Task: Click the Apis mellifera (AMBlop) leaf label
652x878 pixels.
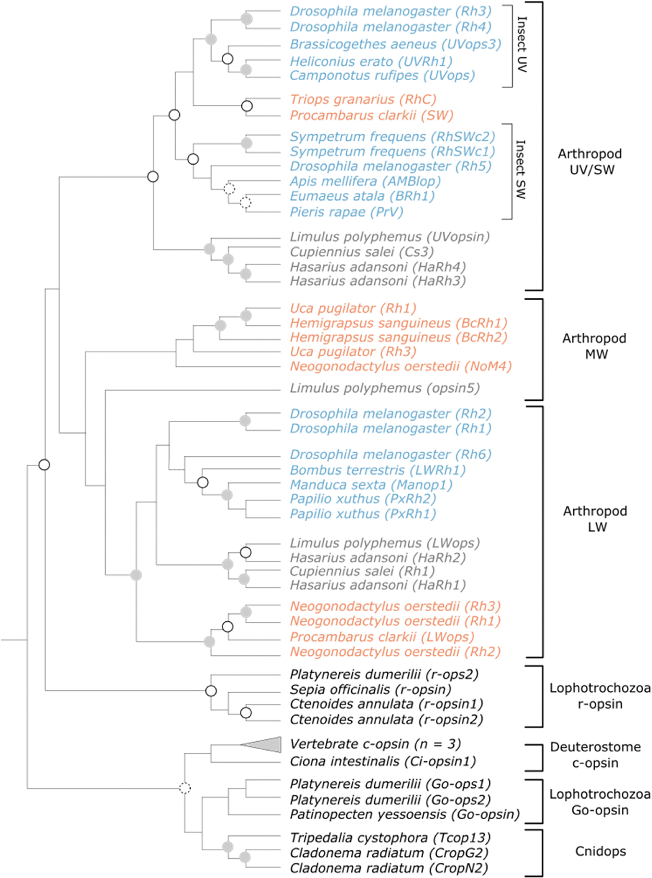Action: [x=365, y=181]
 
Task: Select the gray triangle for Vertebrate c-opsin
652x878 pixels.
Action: [x=268, y=745]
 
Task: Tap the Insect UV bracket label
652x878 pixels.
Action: [x=522, y=44]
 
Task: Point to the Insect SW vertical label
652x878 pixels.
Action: [x=521, y=169]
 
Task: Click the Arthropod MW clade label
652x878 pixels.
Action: [x=594, y=346]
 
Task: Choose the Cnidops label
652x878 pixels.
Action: [x=600, y=851]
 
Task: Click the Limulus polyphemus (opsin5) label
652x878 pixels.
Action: [x=385, y=388]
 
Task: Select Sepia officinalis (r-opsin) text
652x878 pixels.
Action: [x=371, y=689]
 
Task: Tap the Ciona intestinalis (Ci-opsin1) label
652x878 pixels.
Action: [x=383, y=761]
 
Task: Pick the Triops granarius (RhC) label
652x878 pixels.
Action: [x=363, y=100]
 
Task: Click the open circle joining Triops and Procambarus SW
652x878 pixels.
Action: [x=247, y=106]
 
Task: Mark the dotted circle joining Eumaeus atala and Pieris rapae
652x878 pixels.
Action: [x=245, y=203]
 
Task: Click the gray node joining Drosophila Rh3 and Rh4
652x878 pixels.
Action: [x=247, y=19]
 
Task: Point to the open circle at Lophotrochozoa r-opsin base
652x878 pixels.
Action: [x=211, y=691]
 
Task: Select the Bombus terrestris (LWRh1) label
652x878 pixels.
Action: [x=378, y=470]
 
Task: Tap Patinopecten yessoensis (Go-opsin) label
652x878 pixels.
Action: [x=404, y=814]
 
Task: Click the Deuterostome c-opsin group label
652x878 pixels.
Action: [x=595, y=755]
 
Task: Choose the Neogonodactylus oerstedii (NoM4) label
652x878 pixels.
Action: [x=401, y=367]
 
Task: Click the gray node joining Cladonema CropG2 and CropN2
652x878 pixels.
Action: [x=245, y=857]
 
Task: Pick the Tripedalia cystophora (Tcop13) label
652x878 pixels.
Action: [x=390, y=838]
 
